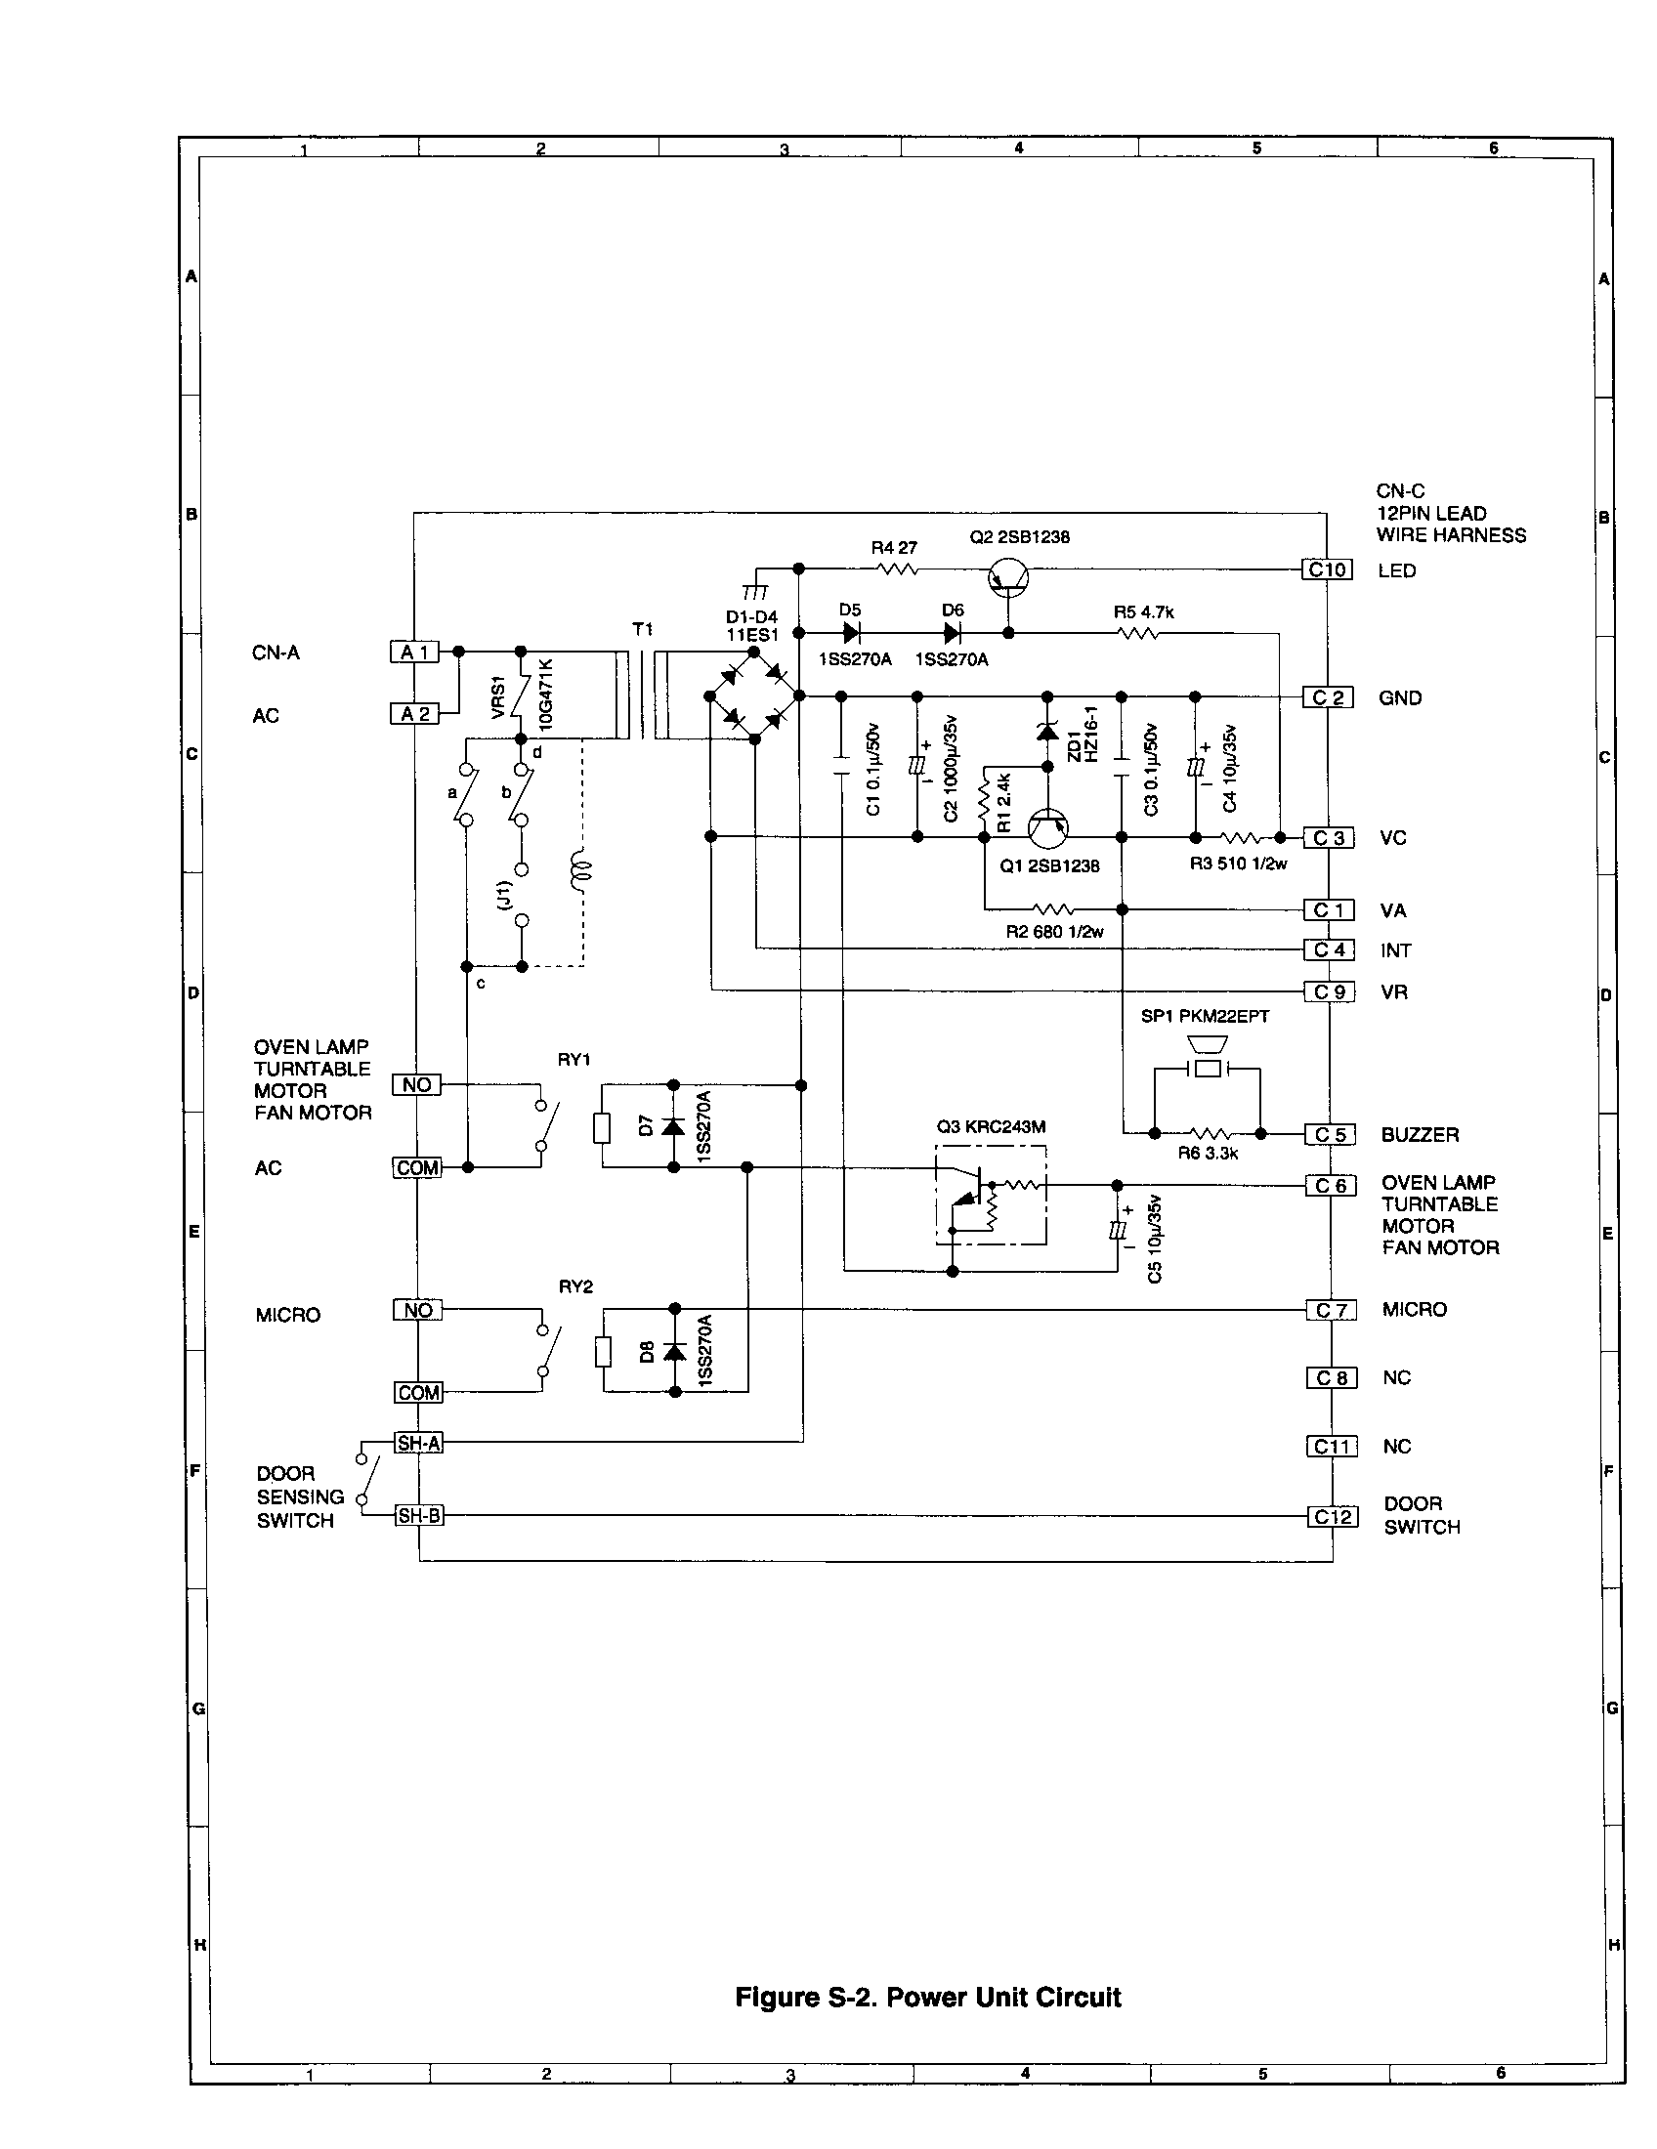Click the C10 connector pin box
point(1328,569)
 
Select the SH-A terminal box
point(418,1443)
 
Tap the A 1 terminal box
point(414,652)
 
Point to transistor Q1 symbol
point(1048,829)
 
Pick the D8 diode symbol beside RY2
point(675,1352)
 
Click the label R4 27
point(893,547)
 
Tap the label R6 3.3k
point(1208,1154)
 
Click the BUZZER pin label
point(1420,1134)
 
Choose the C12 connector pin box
point(1334,1516)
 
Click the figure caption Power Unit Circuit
point(928,1997)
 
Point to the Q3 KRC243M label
point(991,1126)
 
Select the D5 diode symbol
point(851,634)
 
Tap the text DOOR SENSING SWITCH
point(299,1496)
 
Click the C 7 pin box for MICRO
point(1332,1310)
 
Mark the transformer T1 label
point(643,629)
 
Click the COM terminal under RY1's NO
point(418,1168)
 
